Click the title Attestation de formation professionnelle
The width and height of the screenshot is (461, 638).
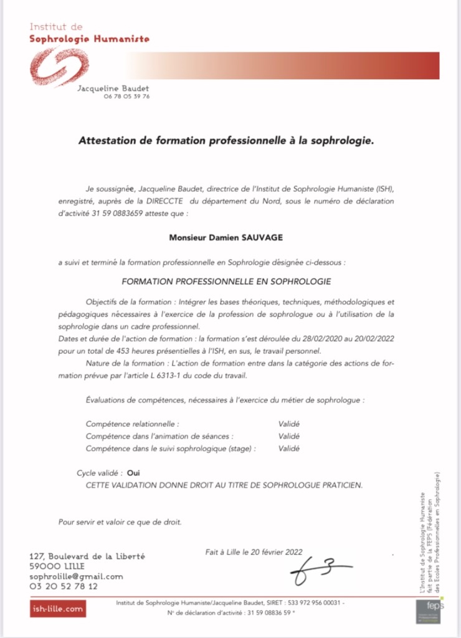[226, 141]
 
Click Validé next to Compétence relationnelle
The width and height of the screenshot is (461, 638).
[289, 424]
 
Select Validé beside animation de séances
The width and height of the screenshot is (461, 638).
[289, 436]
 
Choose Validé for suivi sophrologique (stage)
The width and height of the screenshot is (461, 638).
[289, 449]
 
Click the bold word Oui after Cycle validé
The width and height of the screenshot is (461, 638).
[133, 474]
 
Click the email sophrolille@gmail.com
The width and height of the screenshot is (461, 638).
[77, 576]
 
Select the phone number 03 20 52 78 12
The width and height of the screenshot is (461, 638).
[64, 587]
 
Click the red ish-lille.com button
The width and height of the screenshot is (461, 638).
[58, 609]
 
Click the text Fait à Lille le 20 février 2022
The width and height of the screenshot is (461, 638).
[253, 551]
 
